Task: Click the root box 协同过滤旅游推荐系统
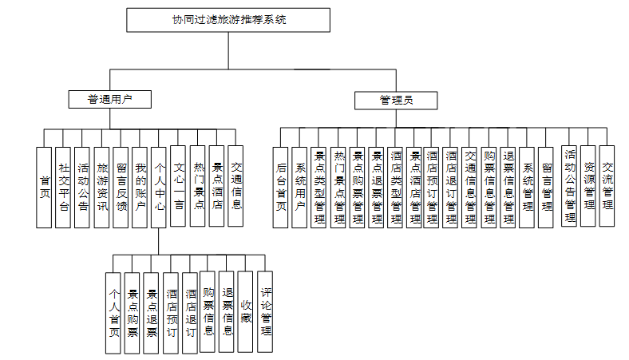(x=227, y=19)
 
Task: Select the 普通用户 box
(x=109, y=100)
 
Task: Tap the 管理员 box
(x=396, y=100)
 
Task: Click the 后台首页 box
(x=280, y=188)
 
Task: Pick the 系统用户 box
(x=300, y=188)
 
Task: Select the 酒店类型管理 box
(x=396, y=188)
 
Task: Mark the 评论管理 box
(x=266, y=306)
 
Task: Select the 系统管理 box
(x=528, y=188)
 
